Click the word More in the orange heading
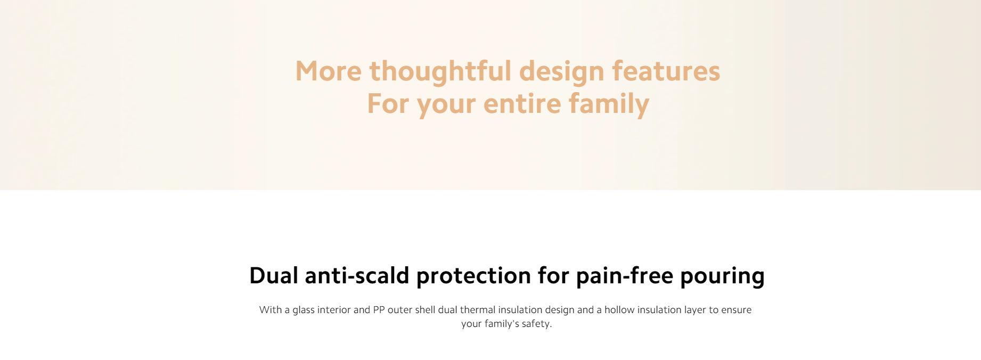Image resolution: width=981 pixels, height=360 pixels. [328, 71]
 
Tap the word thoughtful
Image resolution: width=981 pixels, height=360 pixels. [440, 71]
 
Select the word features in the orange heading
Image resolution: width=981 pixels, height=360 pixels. [666, 71]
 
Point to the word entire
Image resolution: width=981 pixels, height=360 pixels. [522, 103]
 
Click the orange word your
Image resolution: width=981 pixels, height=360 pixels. [446, 105]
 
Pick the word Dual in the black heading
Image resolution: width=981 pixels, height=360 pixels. [274, 276]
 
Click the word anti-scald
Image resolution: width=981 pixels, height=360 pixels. [357, 276]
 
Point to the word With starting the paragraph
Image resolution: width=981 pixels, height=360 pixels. [271, 310]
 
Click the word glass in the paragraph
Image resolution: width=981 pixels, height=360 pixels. [304, 310]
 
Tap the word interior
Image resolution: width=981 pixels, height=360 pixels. [334, 310]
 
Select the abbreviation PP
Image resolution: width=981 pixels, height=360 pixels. [379, 310]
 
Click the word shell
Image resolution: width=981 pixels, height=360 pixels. [425, 310]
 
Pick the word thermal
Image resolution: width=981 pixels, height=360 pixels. [478, 310]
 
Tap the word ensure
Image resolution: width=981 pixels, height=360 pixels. [737, 310]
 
